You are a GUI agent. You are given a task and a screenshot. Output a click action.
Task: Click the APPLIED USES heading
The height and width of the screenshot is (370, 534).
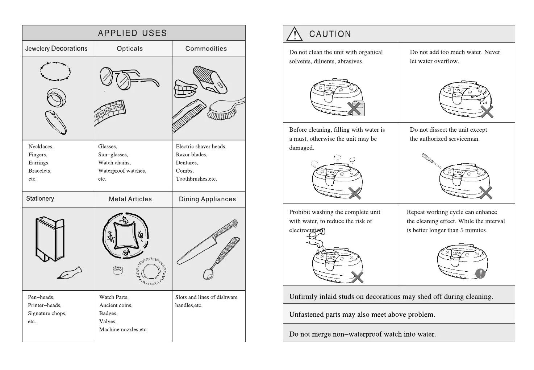point(132,33)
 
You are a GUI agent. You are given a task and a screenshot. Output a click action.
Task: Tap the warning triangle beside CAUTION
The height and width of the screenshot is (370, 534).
point(294,34)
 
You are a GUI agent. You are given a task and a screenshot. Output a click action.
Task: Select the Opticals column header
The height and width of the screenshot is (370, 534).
point(130,49)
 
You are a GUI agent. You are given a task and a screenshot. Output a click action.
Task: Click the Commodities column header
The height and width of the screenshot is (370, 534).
point(206,49)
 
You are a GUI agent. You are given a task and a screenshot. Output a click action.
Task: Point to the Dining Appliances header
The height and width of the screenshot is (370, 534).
point(207,199)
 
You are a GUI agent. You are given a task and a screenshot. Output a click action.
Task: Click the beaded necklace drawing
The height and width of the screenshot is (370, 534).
point(55,71)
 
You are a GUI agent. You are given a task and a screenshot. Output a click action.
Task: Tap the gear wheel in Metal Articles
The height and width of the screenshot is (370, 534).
point(151,272)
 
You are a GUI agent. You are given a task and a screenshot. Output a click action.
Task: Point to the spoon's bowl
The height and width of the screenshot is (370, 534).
point(208,274)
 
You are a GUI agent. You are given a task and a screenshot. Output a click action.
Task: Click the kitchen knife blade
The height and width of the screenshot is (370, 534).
point(196,250)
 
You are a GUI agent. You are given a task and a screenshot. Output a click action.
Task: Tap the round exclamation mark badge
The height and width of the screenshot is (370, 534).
point(480,273)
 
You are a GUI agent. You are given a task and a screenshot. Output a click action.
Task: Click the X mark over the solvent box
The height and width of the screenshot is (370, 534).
point(354,108)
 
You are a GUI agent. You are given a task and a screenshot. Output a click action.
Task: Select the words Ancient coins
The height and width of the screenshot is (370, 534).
point(116,305)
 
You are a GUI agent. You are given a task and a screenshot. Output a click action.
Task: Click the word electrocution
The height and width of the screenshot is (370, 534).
point(306,230)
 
